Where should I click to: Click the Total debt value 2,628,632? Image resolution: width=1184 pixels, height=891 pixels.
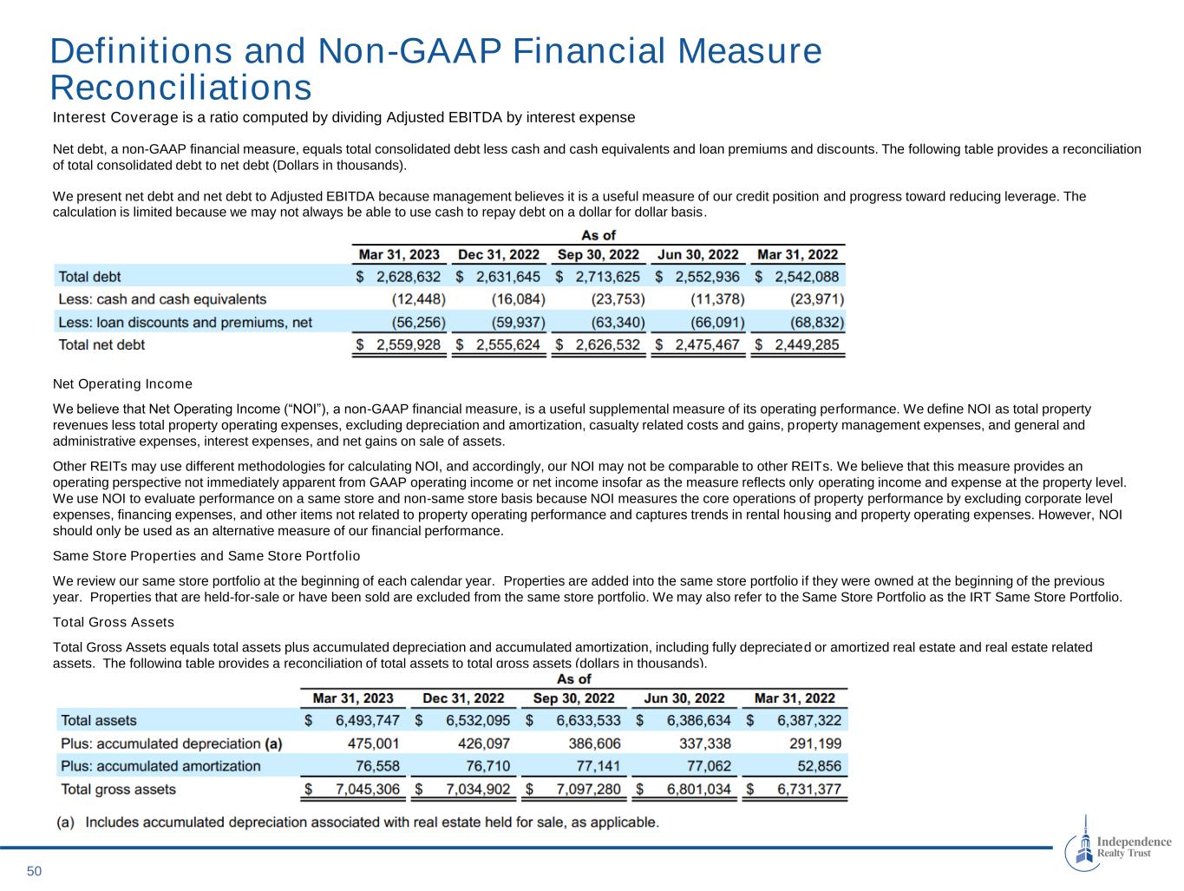408,277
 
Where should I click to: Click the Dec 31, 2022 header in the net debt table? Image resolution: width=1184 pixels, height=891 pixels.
499,255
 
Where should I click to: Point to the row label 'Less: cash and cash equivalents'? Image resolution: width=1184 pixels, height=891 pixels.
162,299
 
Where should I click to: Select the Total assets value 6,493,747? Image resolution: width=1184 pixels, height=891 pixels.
367,721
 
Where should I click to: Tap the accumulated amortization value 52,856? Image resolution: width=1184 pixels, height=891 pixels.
819,766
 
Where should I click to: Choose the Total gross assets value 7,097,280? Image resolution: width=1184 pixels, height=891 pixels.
587,789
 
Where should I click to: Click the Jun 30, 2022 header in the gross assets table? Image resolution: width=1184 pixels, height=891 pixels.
684,698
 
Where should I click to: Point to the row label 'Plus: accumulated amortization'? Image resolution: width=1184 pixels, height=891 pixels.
160,766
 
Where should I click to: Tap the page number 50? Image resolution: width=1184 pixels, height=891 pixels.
34,871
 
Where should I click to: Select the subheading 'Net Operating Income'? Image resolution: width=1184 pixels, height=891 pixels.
122,383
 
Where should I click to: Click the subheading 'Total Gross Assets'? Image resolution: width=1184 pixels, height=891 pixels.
114,622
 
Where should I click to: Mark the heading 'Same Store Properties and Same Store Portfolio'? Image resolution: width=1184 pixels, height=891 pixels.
206,555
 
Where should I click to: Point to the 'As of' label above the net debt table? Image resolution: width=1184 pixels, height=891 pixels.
598,235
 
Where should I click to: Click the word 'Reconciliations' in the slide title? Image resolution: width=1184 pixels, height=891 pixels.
180,88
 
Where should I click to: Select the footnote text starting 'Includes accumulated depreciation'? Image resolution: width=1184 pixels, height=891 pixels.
371,822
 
